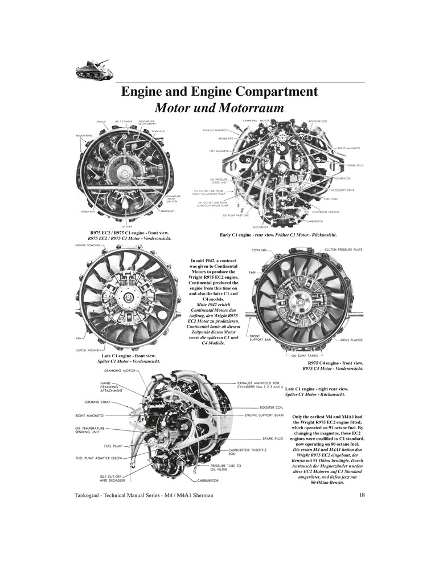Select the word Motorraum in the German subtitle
[x=248, y=108]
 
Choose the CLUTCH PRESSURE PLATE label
[x=343, y=250]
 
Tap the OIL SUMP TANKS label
[x=307, y=355]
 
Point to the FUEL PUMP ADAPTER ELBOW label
[x=102, y=458]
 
